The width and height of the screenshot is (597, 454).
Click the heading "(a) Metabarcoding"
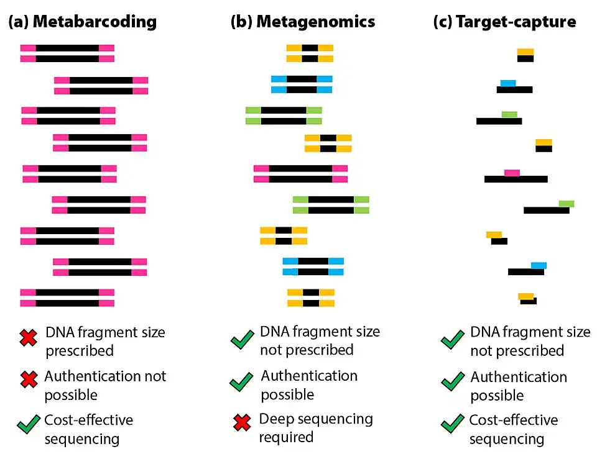click(x=82, y=22)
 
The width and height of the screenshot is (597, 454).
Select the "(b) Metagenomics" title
click(x=303, y=22)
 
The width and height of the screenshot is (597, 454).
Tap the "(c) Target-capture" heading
click(x=504, y=22)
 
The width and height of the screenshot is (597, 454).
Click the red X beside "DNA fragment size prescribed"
click(x=29, y=338)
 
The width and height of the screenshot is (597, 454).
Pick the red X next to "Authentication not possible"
click(x=29, y=380)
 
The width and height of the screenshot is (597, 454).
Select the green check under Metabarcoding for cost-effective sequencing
click(x=29, y=425)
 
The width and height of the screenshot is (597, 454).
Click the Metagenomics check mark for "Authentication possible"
click(x=241, y=381)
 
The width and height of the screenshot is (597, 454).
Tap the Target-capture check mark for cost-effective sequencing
click(x=452, y=425)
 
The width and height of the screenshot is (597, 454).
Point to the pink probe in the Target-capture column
click(x=512, y=173)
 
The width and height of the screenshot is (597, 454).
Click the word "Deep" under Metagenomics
click(x=276, y=419)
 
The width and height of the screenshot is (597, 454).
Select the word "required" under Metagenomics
click(x=287, y=437)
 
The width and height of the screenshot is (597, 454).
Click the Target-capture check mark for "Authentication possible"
click(x=452, y=381)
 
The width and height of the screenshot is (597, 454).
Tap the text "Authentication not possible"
click(x=105, y=385)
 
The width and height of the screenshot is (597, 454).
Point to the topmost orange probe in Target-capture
click(x=525, y=52)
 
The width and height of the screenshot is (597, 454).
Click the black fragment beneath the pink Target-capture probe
click(x=516, y=179)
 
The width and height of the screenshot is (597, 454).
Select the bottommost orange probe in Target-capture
click(x=525, y=296)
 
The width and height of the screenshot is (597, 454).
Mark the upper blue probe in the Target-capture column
click(x=508, y=83)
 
